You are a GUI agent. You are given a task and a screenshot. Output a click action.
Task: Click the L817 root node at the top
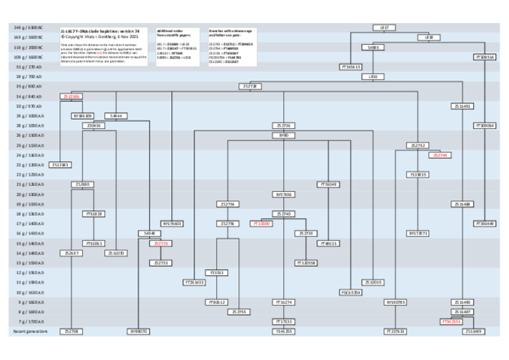[x=383, y=27]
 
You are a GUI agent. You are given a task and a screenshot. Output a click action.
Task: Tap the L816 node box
[x=372, y=76]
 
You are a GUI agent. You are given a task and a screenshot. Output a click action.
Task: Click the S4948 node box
[x=150, y=232]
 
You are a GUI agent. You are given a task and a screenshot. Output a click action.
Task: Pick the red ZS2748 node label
[x=440, y=155]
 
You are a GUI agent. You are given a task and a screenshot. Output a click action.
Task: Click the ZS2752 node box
[x=418, y=145]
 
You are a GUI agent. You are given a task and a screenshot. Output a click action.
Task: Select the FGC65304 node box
[x=350, y=291]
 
